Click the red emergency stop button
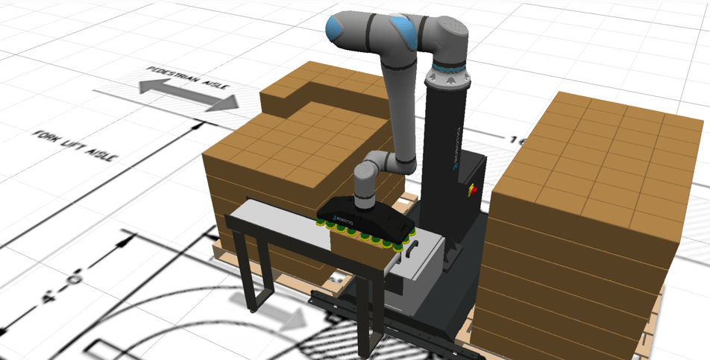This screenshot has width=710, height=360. pos(471,190)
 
